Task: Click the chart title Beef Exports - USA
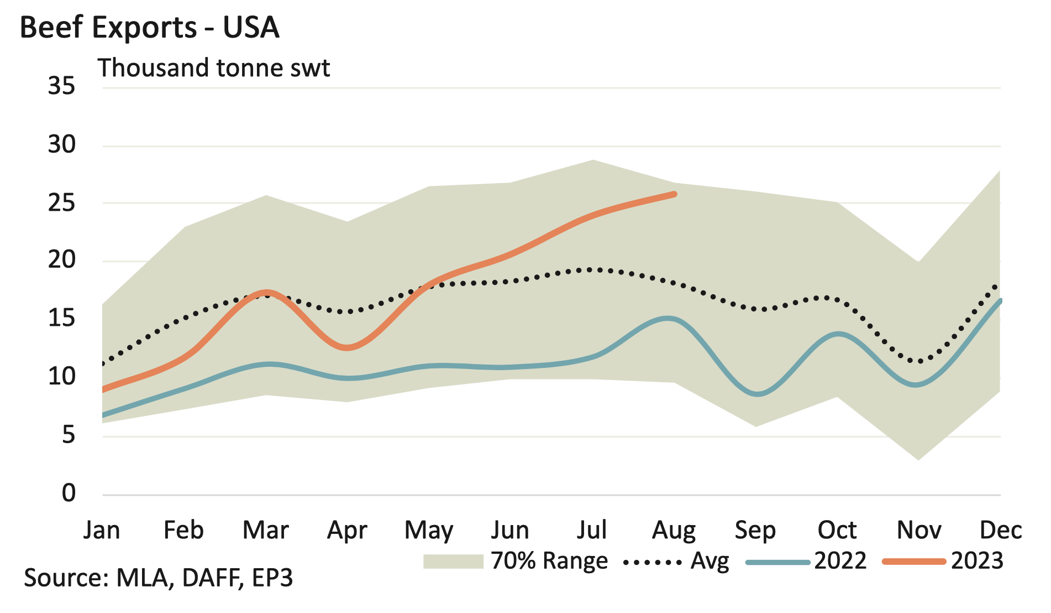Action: (149, 28)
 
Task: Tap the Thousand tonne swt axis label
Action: (214, 68)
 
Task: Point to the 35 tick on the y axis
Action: (61, 86)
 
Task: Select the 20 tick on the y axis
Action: (61, 260)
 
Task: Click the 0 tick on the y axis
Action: (69, 493)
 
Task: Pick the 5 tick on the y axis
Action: (69, 435)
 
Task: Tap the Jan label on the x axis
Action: (102, 530)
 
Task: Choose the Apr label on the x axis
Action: (347, 530)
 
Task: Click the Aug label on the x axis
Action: (674, 530)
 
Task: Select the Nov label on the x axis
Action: (918, 530)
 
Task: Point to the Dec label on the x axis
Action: (1000, 530)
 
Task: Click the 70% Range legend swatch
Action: (453, 562)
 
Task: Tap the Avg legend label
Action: (710, 561)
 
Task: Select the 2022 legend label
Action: (840, 561)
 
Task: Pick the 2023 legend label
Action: (977, 561)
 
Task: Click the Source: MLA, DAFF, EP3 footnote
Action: (158, 578)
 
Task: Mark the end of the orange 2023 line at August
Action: (674, 194)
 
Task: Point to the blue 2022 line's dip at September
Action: (757, 394)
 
